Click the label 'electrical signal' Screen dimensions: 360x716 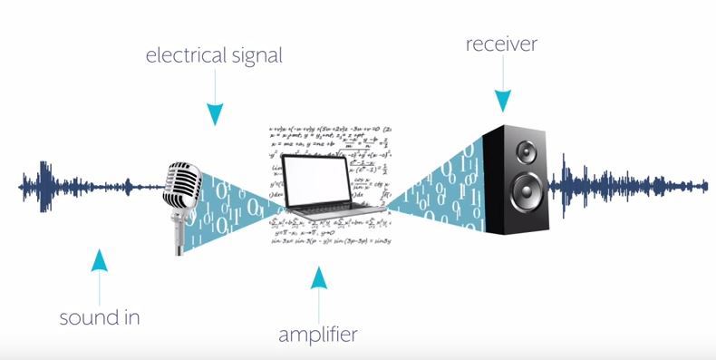click(215, 55)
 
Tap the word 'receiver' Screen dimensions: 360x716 click(502, 44)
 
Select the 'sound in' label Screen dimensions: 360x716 click(101, 318)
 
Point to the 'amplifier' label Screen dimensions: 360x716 click(317, 335)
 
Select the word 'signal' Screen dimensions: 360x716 click(256, 55)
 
